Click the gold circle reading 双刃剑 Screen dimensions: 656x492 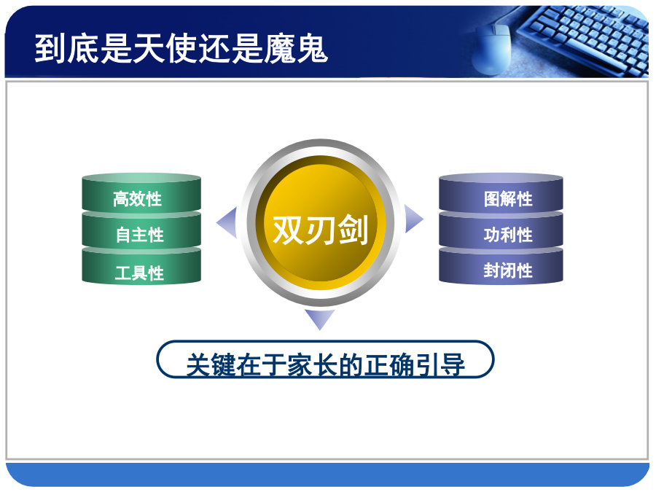click(321, 223)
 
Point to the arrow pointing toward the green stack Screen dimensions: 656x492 click(228, 222)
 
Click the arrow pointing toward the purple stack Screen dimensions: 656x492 click(413, 219)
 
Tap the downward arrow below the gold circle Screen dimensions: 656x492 click(320, 318)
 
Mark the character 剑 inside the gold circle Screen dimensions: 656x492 click(354, 230)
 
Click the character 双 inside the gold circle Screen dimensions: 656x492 click(288, 230)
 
